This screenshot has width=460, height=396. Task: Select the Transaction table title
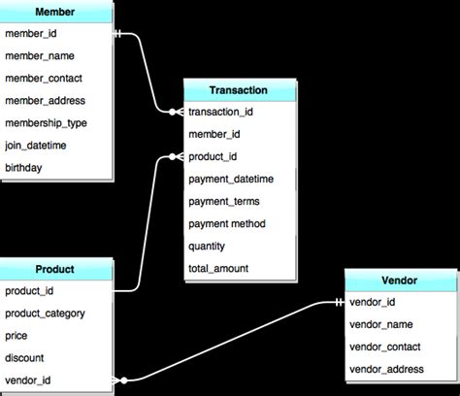[238, 90]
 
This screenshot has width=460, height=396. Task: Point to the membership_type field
[46, 123]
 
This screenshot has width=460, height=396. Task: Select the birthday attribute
[24, 168]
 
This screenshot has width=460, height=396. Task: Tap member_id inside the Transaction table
[214, 134]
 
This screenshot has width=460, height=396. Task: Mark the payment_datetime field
[231, 179]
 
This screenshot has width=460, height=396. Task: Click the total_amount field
[218, 268]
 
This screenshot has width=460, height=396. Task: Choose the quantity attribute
[209, 246]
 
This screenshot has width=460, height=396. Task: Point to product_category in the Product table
[46, 313]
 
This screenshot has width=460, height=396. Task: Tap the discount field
[25, 358]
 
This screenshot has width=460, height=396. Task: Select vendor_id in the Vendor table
[372, 302]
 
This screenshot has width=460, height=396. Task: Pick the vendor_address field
[387, 369]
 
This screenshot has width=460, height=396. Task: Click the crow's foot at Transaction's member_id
[176, 112]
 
